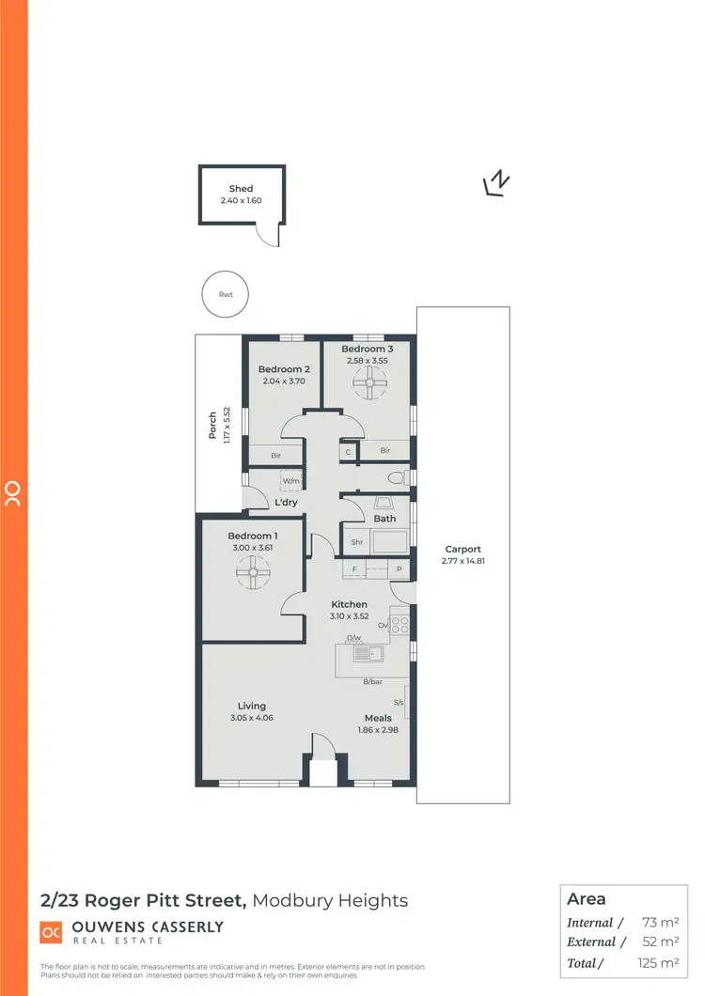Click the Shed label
(242, 189)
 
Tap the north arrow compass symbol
(496, 183)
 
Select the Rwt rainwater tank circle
(226, 295)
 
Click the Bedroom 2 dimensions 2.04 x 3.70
(285, 382)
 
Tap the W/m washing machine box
(291, 482)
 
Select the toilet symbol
(398, 479)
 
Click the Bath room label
(384, 519)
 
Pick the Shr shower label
(356, 542)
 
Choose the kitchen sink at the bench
(368, 654)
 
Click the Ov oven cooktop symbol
(400, 623)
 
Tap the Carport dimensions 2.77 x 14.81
(462, 561)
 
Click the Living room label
(252, 706)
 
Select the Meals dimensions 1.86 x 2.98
(378, 730)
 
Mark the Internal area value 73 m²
(661, 923)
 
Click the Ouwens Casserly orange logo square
(51, 931)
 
